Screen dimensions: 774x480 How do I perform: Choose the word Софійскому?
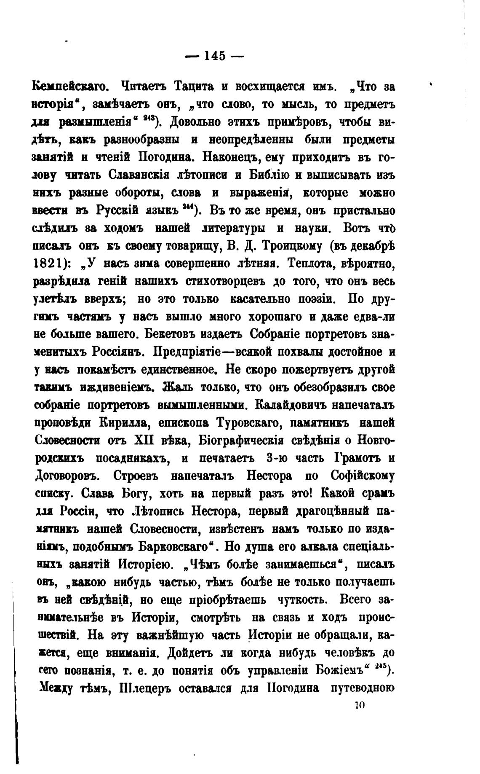pyautogui.click(x=363, y=476)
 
